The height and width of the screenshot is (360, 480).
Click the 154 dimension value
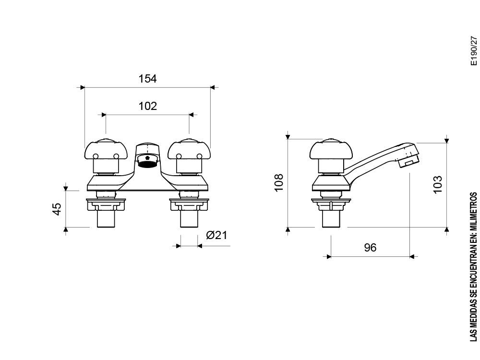pyautogui.click(x=148, y=79)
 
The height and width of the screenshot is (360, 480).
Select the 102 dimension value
pyautogui.click(x=148, y=106)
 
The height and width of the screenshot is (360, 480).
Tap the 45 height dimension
pyautogui.click(x=57, y=209)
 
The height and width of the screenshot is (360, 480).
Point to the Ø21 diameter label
pyautogui.click(x=216, y=235)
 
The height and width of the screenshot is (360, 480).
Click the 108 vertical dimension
pyautogui.click(x=279, y=182)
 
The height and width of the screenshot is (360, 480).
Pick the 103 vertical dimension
pyautogui.click(x=437, y=184)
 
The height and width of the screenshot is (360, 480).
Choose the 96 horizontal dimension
pyautogui.click(x=370, y=248)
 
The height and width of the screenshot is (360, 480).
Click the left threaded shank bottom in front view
pyautogui.click(x=107, y=220)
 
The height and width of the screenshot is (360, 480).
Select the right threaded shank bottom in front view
pyautogui.click(x=190, y=220)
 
